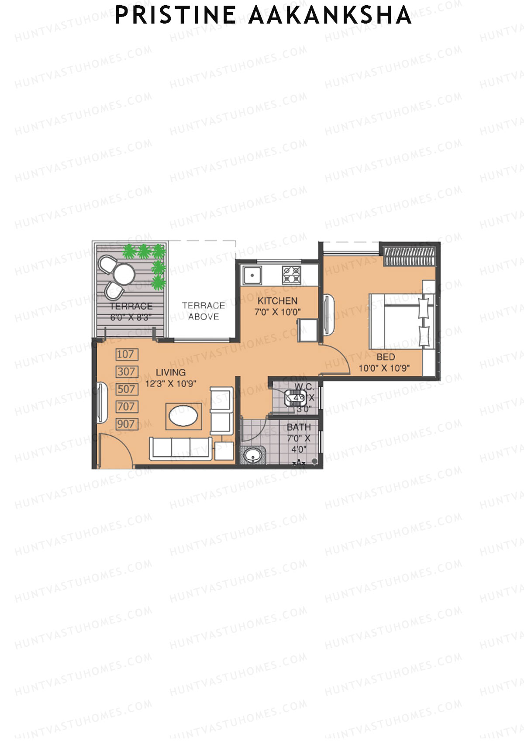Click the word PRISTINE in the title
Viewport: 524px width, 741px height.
coord(175,16)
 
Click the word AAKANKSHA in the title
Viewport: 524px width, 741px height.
coord(330,16)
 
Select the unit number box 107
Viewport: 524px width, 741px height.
coord(127,354)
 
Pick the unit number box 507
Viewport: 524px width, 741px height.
coord(127,389)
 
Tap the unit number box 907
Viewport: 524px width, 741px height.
coord(127,424)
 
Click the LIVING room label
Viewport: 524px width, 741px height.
coord(171,372)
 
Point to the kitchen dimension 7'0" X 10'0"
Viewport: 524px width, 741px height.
coord(278,312)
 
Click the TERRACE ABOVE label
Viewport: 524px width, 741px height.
coord(203,311)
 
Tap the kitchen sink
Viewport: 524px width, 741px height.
coord(252,275)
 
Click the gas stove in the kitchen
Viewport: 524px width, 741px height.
coord(292,275)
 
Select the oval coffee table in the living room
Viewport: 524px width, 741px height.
coord(184,416)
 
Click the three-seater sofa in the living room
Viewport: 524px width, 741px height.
coord(181,448)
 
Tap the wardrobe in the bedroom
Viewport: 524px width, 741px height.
coord(409,256)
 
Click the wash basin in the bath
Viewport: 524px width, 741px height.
coord(252,455)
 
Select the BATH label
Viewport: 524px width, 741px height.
coord(299,427)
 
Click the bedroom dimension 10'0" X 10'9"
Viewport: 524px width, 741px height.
coord(384,368)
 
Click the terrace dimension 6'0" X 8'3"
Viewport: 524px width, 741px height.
coord(131,317)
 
